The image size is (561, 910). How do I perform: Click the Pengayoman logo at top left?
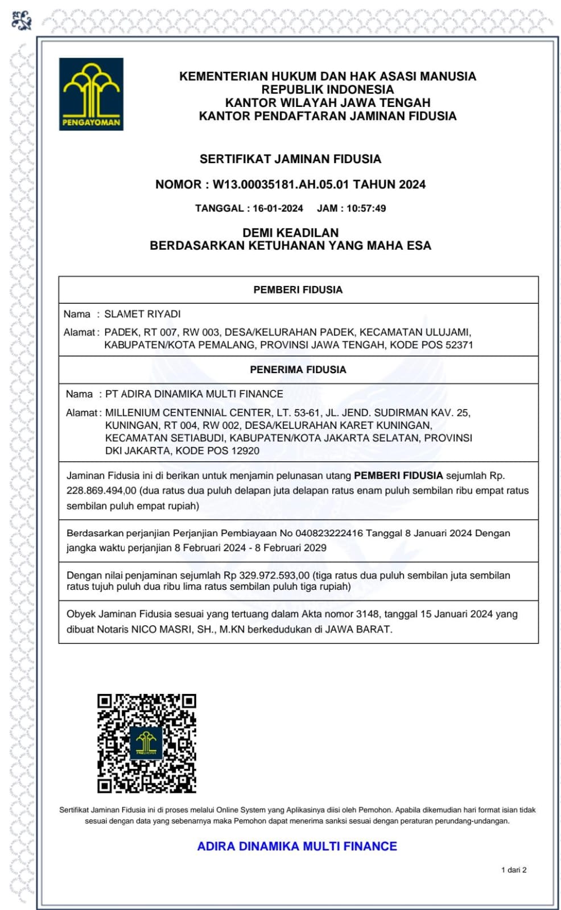pos(91,94)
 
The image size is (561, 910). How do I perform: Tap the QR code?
pos(146,743)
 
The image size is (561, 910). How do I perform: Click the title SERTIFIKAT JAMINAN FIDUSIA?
pos(290,159)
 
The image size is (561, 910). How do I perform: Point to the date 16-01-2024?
pos(278,208)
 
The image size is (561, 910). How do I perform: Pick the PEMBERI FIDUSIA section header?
pos(298,289)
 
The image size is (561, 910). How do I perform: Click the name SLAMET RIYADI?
pos(142,314)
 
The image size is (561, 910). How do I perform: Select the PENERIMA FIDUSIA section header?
pos(298,370)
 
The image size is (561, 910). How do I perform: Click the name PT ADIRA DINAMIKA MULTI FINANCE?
pos(194,394)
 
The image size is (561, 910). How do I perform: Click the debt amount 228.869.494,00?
pos(101,490)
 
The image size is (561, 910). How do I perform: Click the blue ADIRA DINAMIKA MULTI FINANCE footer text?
pos(297,846)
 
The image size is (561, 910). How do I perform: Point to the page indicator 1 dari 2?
pos(513,870)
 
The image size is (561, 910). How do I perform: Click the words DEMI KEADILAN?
pos(290,233)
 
